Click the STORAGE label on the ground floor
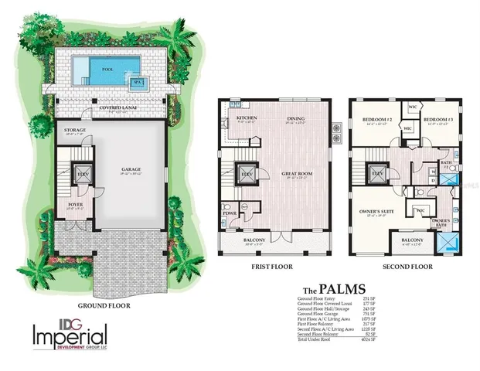[75, 130]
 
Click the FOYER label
[75, 204]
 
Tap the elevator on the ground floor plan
[80, 175]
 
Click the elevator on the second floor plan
[379, 175]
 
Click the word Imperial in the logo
[70, 335]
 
